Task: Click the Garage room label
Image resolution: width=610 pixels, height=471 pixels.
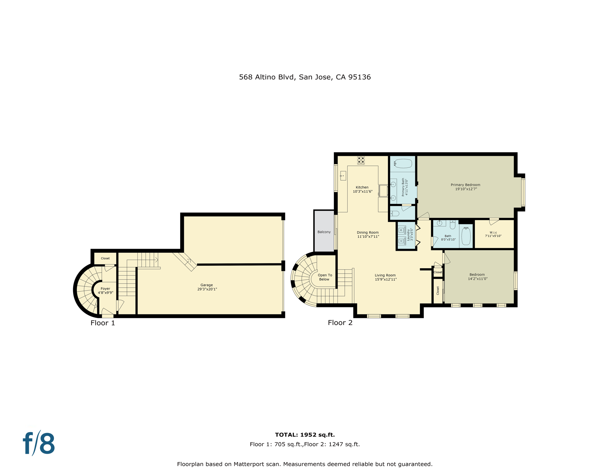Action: [x=207, y=285]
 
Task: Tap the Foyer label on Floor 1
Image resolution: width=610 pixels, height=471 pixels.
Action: [x=105, y=289]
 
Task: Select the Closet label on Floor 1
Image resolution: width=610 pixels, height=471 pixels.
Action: [x=105, y=258]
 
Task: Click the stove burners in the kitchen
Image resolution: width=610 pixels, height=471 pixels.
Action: [x=361, y=160]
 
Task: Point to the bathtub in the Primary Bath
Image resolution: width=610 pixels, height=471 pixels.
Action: [x=403, y=163]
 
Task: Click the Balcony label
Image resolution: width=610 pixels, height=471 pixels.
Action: [x=324, y=232]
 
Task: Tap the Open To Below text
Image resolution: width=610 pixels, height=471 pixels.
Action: [x=325, y=277]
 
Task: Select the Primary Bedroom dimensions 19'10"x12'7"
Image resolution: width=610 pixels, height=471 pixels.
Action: [x=466, y=189]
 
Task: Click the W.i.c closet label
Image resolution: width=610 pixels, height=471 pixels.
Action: [x=493, y=232]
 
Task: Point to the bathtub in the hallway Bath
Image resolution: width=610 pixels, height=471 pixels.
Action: [x=466, y=236]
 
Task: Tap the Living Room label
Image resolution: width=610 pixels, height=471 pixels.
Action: [x=385, y=275]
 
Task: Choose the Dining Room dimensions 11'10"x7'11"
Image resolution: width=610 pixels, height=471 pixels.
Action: [x=368, y=236]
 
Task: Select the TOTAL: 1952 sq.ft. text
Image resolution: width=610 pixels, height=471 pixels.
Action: [x=305, y=435]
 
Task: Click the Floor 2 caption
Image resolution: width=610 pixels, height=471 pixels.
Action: [x=340, y=323]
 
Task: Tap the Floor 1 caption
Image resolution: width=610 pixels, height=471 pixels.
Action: [x=102, y=323]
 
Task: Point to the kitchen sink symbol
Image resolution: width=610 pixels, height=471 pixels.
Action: [x=343, y=176]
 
